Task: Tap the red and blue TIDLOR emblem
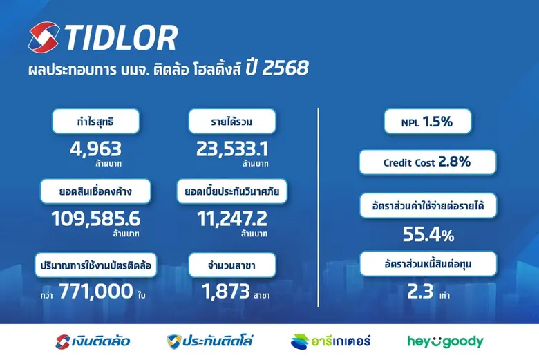[x=45, y=38]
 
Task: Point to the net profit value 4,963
[x=96, y=148]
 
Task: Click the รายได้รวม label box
[x=232, y=122]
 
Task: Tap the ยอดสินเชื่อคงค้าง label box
[x=96, y=191]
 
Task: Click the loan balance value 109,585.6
[x=96, y=218]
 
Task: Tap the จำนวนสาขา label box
[x=232, y=265]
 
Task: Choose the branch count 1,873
[x=225, y=292]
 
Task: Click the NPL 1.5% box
[x=428, y=122]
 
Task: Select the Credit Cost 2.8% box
[x=428, y=162]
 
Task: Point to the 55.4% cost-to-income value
[x=428, y=236]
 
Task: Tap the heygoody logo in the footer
[x=444, y=341]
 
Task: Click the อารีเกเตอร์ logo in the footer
[x=331, y=341]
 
